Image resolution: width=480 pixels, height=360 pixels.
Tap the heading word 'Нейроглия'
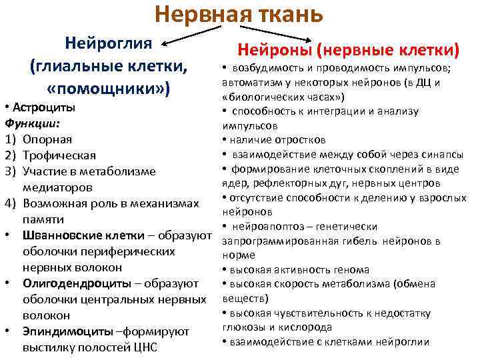point(109,44)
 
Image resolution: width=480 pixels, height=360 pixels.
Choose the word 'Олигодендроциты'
point(73,283)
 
